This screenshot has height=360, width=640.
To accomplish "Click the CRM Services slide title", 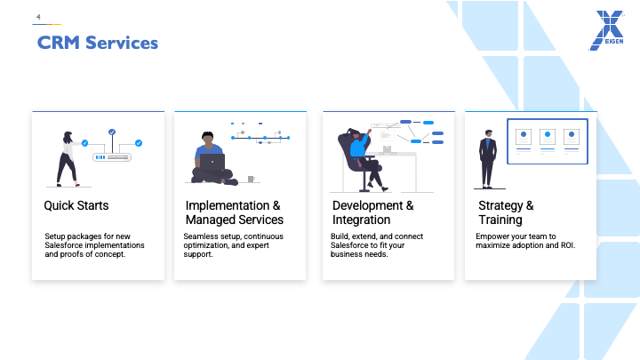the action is [98, 43].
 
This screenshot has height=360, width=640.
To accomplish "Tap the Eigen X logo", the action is [606, 30].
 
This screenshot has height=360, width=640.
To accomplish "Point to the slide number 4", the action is [38, 17].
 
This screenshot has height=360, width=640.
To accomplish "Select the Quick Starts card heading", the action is [76, 205].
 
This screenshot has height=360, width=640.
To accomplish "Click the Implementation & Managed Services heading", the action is [235, 212].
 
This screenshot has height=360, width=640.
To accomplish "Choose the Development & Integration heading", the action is [372, 212].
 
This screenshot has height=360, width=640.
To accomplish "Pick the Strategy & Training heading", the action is [506, 212].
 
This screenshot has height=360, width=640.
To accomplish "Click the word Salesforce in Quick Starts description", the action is [61, 245].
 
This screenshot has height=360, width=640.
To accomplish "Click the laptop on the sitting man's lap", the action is [212, 162].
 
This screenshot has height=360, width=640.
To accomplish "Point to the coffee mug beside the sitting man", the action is [251, 179].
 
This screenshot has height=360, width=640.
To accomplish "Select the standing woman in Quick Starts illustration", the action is [68, 159].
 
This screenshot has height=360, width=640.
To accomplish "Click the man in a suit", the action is [488, 159].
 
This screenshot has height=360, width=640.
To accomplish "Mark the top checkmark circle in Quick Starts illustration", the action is [112, 132].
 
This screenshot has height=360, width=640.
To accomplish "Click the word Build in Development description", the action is [340, 236].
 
